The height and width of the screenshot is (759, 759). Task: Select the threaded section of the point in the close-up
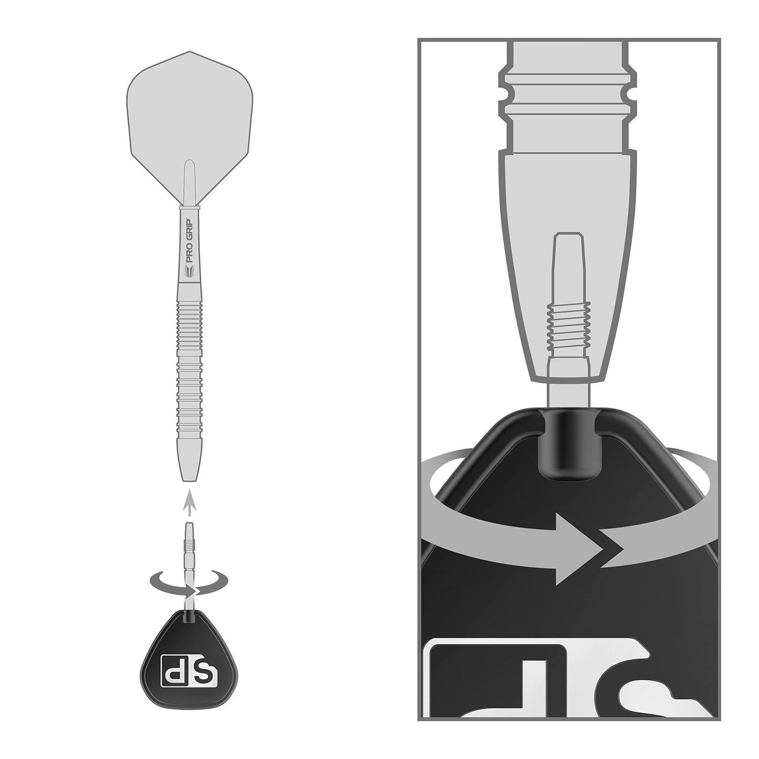point(569,328)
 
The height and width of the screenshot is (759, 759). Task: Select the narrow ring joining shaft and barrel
point(190,209)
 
